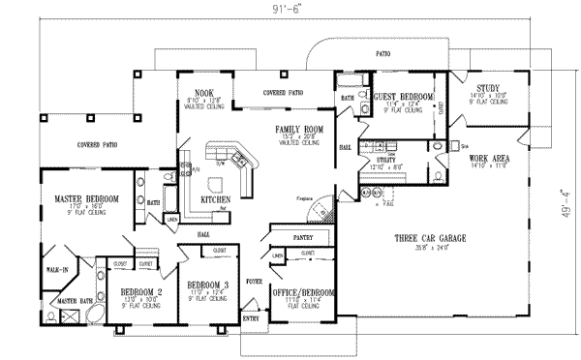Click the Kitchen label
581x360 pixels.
pos(214,200)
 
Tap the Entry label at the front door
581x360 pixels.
pos(251,318)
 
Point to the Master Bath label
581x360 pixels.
pos(67,302)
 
